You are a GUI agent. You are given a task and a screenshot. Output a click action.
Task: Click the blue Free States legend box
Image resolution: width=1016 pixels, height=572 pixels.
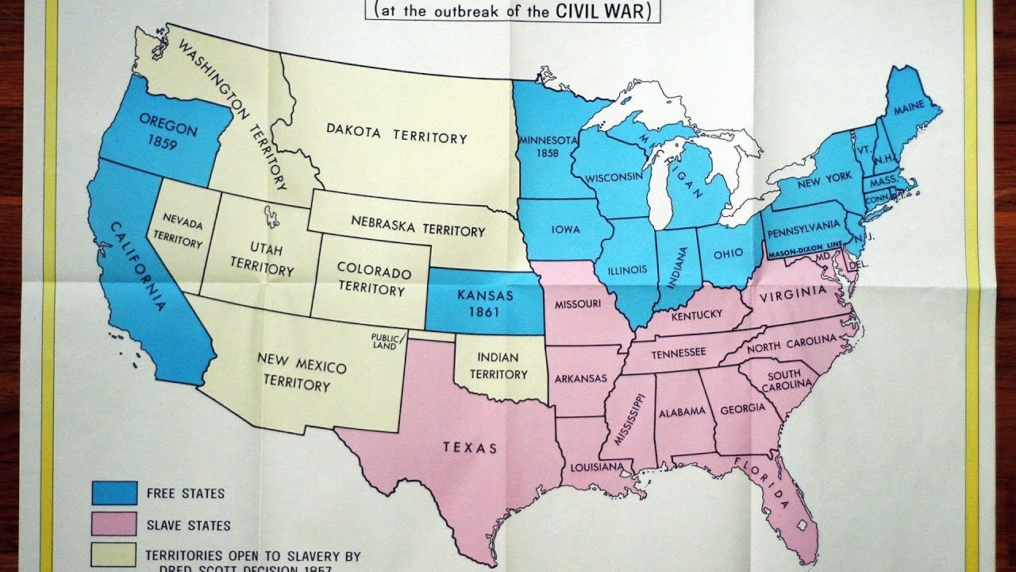point(114,493)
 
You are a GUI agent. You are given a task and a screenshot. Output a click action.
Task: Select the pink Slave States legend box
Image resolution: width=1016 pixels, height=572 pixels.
point(114,524)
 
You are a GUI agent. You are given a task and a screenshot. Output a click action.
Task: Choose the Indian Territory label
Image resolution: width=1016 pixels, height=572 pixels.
point(498,366)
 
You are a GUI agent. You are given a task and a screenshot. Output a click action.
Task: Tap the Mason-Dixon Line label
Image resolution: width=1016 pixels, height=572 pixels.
point(804,249)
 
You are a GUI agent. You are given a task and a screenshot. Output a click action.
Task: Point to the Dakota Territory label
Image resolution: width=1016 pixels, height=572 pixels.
point(397,137)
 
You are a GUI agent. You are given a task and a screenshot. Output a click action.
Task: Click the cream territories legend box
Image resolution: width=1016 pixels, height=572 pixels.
point(114,555)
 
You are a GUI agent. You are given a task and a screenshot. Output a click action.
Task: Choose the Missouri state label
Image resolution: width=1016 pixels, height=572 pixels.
point(577,303)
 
